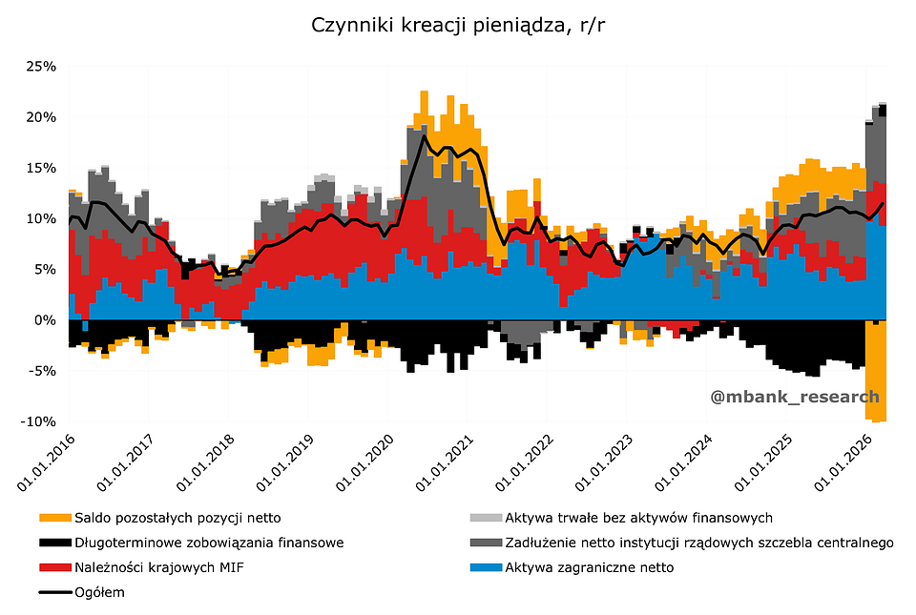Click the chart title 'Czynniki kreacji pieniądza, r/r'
458,25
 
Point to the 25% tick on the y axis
42,67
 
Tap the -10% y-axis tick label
40,421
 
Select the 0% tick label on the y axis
46,320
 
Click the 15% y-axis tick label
42,168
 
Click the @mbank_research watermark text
795,397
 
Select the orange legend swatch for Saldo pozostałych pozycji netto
55,518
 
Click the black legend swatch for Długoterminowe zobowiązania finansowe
55,543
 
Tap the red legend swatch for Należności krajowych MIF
55,567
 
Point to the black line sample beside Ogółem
55,592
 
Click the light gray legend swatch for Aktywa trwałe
486,518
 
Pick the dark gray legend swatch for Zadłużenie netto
486,543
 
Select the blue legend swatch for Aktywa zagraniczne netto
486,567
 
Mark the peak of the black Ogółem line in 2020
424,136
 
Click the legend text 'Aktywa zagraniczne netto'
590,567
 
